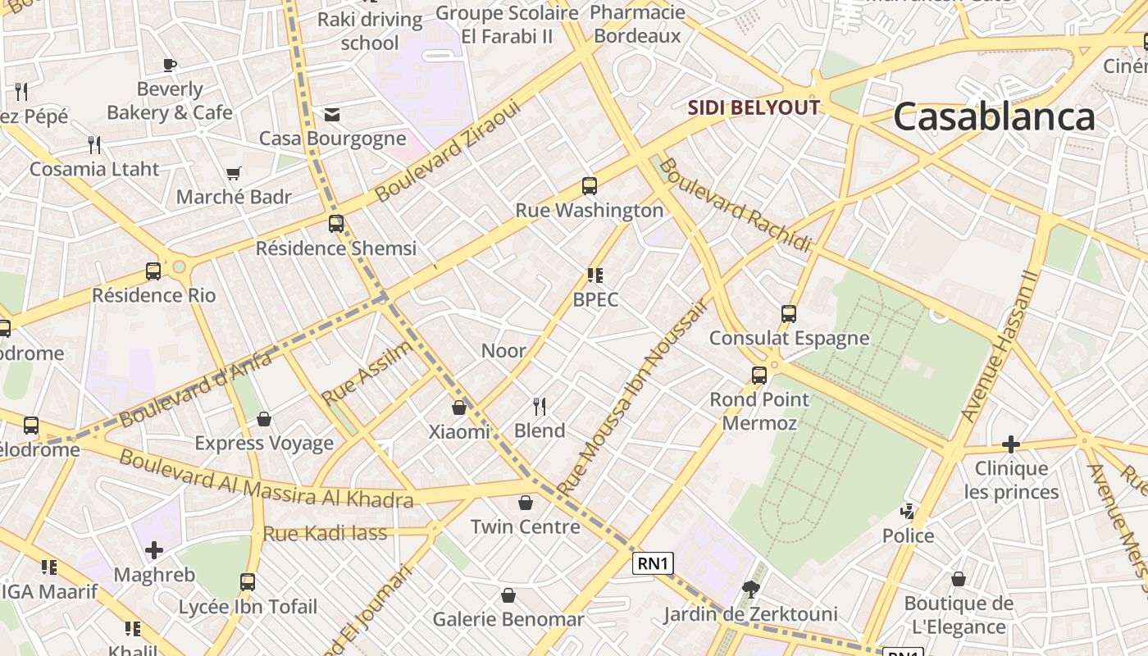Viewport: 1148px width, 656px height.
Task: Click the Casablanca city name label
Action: coord(994,116)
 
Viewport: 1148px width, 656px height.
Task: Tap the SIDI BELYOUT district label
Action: coord(754,107)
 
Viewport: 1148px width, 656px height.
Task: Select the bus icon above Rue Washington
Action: coord(589,186)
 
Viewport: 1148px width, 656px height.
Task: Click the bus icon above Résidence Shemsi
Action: coord(335,224)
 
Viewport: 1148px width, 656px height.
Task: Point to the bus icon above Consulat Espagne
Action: coord(788,314)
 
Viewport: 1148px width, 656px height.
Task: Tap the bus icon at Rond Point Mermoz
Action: coord(759,376)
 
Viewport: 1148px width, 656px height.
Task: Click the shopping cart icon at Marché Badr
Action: coord(234,173)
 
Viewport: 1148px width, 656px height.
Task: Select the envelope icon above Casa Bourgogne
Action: coord(332,115)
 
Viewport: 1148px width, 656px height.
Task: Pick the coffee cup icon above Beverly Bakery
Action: coord(170,65)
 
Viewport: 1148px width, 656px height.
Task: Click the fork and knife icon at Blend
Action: coord(540,407)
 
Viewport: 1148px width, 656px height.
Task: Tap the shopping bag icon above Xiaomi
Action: coord(459,408)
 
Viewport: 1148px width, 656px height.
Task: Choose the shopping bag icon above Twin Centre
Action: coord(525,503)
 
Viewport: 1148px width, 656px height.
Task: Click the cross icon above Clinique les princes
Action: coord(1011,444)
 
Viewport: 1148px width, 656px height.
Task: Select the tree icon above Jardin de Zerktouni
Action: coord(749,589)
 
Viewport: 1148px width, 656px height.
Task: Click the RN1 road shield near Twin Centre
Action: coord(654,563)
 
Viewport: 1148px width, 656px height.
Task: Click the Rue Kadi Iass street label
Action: coord(325,534)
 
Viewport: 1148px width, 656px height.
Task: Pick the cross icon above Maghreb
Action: coord(154,550)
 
